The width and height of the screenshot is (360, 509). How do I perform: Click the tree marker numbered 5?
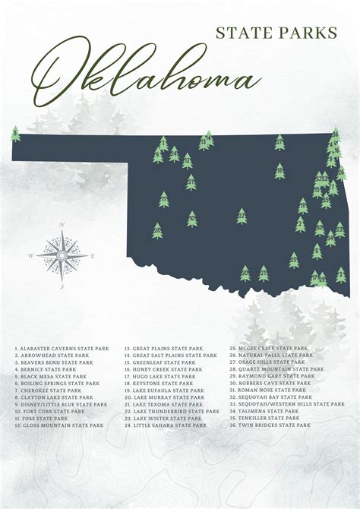pos(16,134)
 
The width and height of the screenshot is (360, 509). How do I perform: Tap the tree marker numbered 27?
pos(279,142)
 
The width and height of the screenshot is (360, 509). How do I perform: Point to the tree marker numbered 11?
pos(164,200)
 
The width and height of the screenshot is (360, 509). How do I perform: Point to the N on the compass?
pos(62,225)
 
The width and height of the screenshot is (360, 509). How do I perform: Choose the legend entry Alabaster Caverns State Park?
pos(61,349)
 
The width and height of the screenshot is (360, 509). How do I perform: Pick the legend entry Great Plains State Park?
pos(163,349)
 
